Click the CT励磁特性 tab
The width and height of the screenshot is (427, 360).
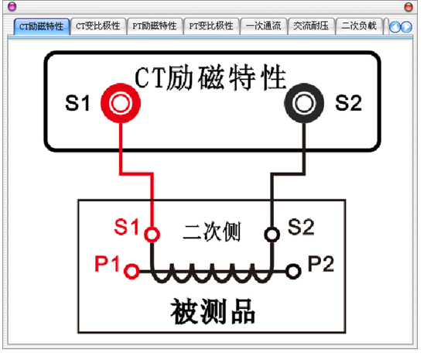[x=42, y=26]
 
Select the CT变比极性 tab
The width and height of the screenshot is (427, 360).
[x=98, y=26]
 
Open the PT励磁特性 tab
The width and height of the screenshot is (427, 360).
[x=155, y=26]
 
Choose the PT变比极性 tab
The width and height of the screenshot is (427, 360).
[x=211, y=26]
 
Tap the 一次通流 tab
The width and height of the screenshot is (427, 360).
[x=263, y=26]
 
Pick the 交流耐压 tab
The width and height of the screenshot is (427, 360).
[x=311, y=26]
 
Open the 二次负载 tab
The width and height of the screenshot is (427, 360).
[x=359, y=26]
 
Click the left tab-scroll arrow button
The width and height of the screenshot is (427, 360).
[x=395, y=27]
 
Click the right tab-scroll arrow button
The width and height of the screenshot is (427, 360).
[x=406, y=27]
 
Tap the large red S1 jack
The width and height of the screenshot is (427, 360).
[x=121, y=103]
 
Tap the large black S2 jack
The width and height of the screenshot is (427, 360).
[x=304, y=103]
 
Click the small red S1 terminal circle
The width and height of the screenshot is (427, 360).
[x=152, y=235]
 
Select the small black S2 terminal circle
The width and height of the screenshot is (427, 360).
[x=272, y=235]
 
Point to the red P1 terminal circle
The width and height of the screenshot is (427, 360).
[x=132, y=271]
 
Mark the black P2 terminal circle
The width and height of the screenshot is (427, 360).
[x=293, y=271]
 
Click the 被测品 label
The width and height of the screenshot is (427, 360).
[x=213, y=311]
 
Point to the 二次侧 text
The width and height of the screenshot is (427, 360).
[x=212, y=231]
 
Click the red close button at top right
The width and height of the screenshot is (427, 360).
[x=408, y=7]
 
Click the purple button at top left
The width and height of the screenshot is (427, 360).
[x=12, y=6]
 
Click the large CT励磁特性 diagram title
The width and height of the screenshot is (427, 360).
[x=210, y=77]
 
